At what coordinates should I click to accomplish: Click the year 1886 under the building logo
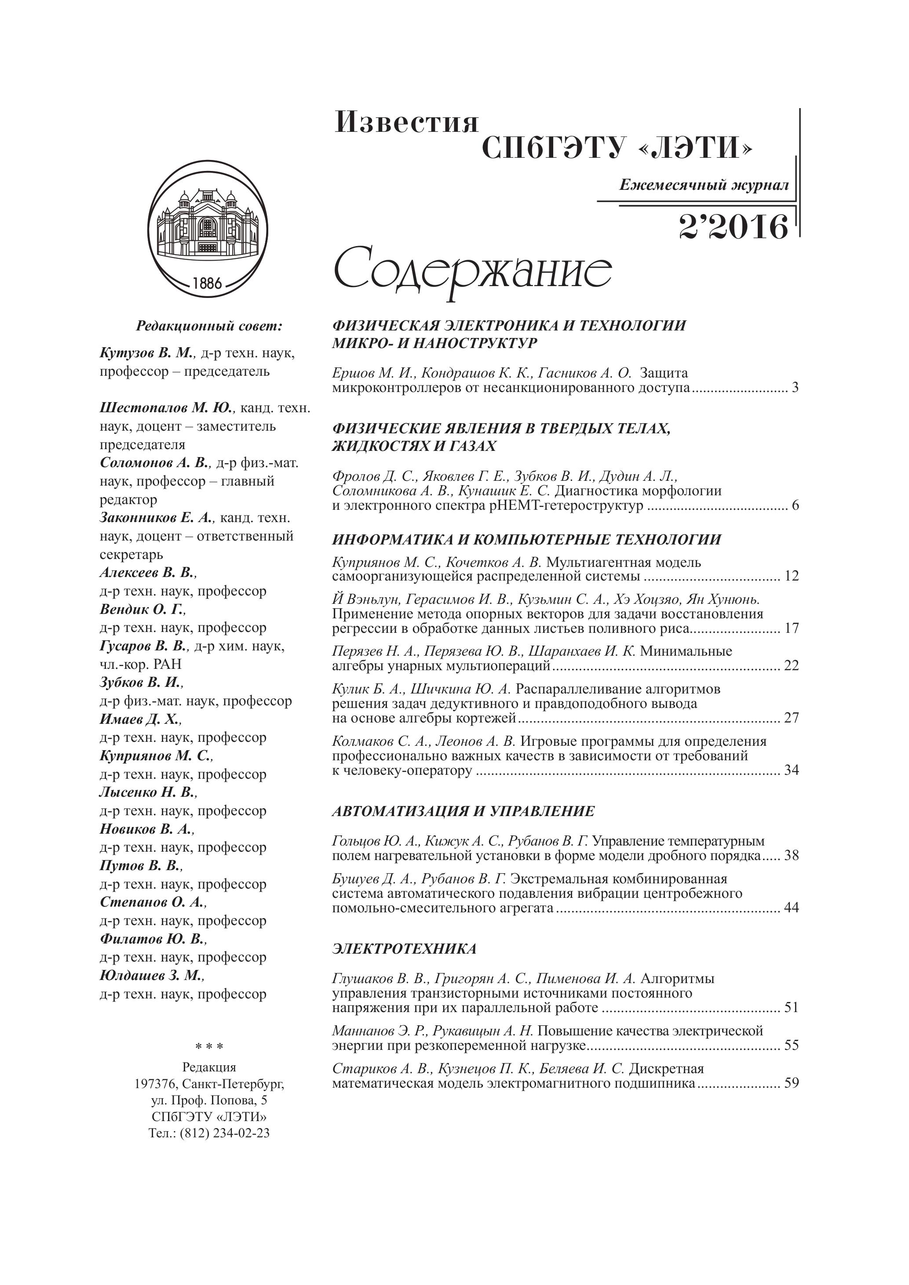click(x=207, y=283)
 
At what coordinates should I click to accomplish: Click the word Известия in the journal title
click(x=407, y=122)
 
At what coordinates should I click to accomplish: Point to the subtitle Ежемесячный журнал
click(x=704, y=185)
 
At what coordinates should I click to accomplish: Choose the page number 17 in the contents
click(x=792, y=628)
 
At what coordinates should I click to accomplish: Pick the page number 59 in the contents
click(x=792, y=1082)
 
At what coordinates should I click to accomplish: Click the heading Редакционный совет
click(x=209, y=326)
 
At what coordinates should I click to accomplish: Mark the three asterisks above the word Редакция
click(x=209, y=1046)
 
